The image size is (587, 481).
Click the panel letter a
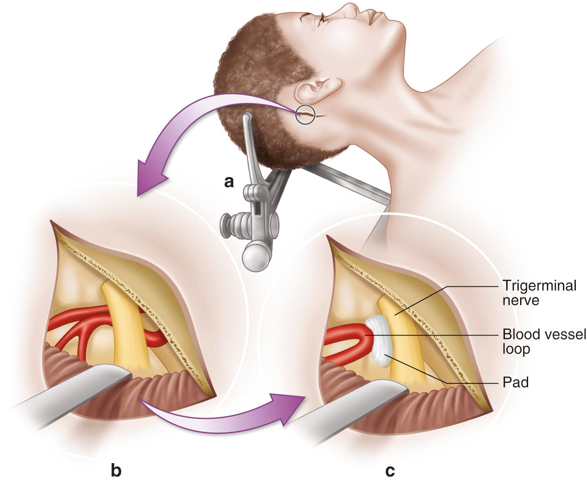pyautogui.click(x=229, y=182)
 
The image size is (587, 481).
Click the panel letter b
pyautogui.click(x=116, y=470)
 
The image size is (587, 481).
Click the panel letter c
pyautogui.click(x=390, y=470)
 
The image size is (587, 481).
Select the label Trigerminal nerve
pyautogui.click(x=539, y=293)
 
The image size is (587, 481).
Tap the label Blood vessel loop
pyautogui.click(x=544, y=341)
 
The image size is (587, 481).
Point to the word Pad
pyautogui.click(x=515, y=382)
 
